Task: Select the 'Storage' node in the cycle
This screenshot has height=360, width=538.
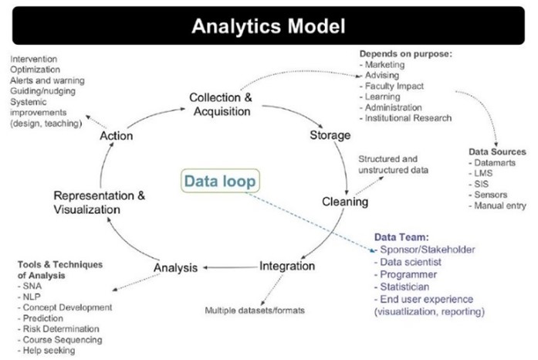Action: pyautogui.click(x=330, y=136)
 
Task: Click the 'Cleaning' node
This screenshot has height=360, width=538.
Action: pyautogui.click(x=345, y=202)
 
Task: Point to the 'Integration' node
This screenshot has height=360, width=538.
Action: pyautogui.click(x=287, y=266)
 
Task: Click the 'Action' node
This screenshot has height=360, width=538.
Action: pyautogui.click(x=117, y=136)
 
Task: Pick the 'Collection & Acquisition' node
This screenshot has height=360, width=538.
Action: pyautogui.click(x=220, y=104)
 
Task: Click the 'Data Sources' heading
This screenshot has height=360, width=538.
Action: pyautogui.click(x=497, y=151)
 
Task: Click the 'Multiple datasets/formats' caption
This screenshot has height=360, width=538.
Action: pyautogui.click(x=255, y=311)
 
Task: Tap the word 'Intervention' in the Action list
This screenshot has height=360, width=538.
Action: pyautogui.click(x=36, y=59)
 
